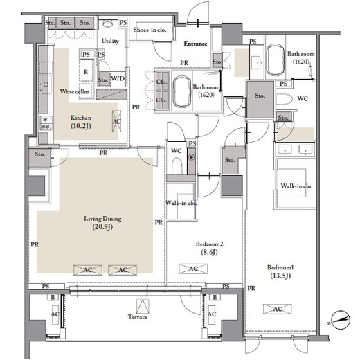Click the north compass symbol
click(340, 320)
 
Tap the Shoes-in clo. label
click(150, 30)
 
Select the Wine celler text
click(75, 91)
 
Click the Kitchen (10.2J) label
click(81, 122)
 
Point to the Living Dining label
click(102, 219)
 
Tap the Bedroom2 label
click(209, 244)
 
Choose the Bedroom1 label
click(280, 267)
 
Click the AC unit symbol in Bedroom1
click(278, 309)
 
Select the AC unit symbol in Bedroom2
click(193, 269)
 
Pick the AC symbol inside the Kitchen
click(116, 121)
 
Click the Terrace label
click(138, 317)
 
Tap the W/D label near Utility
click(118, 78)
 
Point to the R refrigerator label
click(86, 72)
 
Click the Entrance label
click(195, 44)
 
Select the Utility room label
click(110, 41)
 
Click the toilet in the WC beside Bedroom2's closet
click(177, 166)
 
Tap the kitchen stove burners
click(46, 123)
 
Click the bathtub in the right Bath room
click(276, 60)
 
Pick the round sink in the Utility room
click(107, 24)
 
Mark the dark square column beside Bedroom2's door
click(232, 186)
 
